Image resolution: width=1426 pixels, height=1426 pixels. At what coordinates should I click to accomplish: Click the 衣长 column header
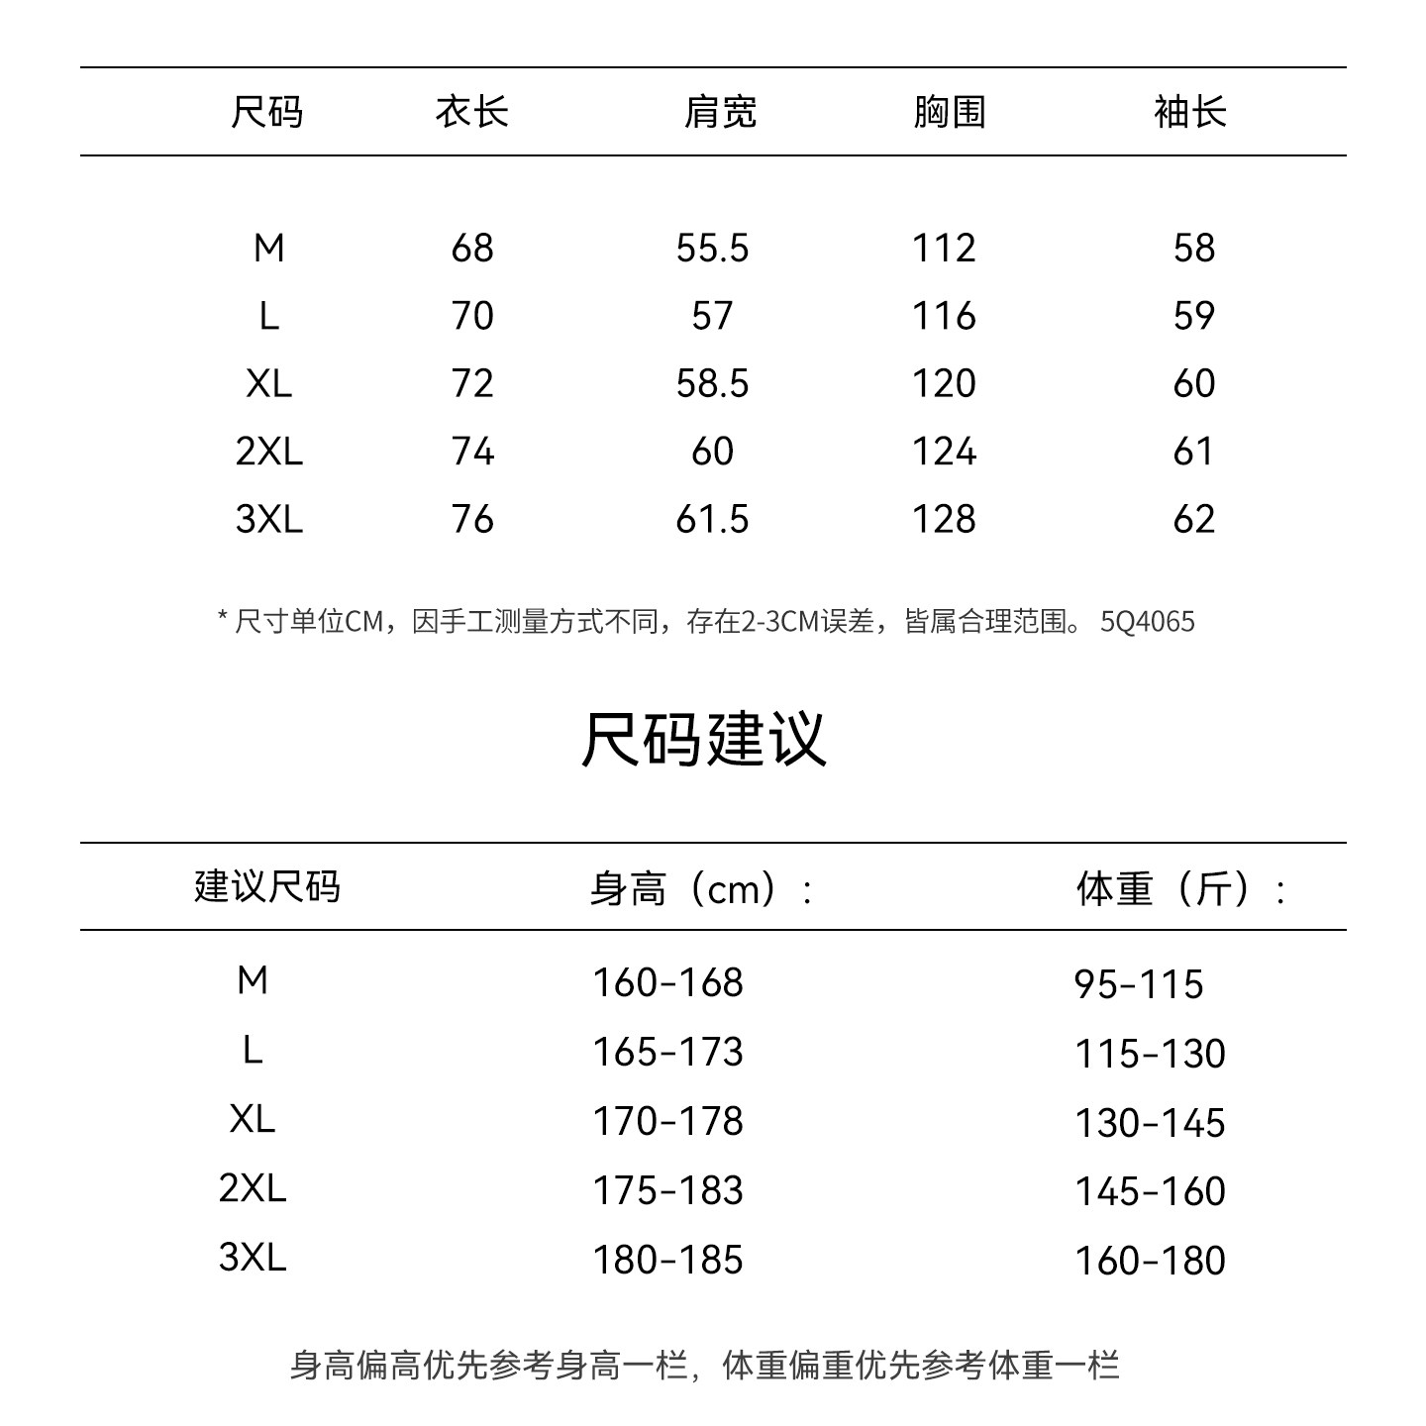click(x=471, y=112)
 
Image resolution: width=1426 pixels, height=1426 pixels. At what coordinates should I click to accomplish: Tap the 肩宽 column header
click(x=720, y=112)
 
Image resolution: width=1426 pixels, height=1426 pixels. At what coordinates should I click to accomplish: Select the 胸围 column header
click(x=949, y=112)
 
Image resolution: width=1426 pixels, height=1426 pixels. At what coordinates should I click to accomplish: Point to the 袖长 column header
click(x=1189, y=112)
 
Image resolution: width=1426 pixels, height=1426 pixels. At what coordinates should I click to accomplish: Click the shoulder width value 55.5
click(x=712, y=248)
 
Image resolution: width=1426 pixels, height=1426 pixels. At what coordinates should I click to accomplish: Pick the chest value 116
click(x=944, y=316)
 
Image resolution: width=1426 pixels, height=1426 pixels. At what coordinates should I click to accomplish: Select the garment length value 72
click(x=471, y=383)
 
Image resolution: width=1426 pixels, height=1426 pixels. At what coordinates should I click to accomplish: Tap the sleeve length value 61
click(x=1193, y=452)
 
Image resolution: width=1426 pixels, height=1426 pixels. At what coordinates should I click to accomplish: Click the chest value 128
click(x=944, y=519)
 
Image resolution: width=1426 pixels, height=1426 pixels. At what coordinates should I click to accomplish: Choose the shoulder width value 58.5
click(x=712, y=383)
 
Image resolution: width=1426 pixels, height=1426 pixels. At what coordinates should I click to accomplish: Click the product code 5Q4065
click(x=1148, y=622)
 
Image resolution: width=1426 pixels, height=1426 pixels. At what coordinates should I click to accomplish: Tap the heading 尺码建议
click(x=703, y=739)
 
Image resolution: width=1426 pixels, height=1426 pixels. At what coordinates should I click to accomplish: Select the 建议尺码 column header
click(x=266, y=886)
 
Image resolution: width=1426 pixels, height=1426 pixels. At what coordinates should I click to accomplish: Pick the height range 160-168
click(x=667, y=983)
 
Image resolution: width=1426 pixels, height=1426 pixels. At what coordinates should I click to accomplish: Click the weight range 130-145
click(x=1150, y=1123)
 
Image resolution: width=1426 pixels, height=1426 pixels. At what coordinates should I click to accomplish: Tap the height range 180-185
click(x=667, y=1261)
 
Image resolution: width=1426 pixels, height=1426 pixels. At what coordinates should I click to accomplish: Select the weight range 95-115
click(x=1139, y=984)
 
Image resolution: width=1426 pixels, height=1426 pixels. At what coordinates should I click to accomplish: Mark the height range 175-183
click(x=667, y=1191)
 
